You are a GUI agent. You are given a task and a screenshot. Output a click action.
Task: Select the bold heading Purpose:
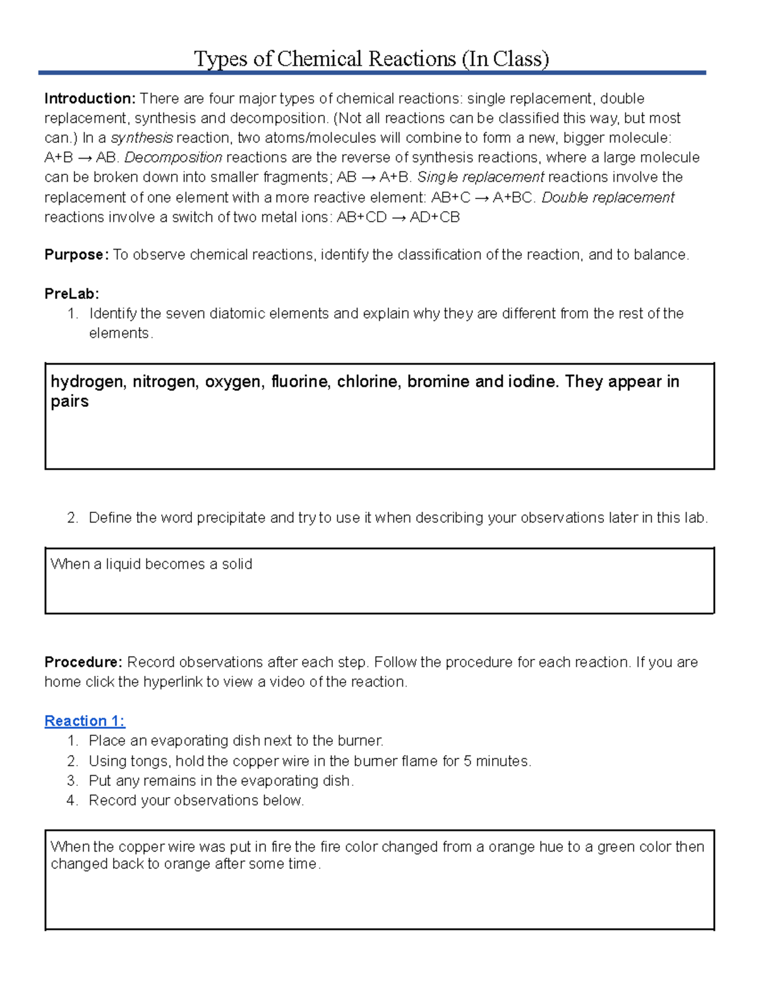[76, 255]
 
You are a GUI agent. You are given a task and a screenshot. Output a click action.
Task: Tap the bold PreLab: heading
[71, 294]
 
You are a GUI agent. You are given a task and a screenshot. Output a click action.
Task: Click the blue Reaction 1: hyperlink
[85, 721]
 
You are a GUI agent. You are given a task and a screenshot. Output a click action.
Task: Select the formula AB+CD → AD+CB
[398, 217]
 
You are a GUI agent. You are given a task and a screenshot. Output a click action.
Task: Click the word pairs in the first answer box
[69, 402]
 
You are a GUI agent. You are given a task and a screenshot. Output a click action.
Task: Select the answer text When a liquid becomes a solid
[151, 564]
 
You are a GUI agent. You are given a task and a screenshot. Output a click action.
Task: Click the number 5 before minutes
[467, 761]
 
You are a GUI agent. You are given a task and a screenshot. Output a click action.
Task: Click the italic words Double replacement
[608, 198]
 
